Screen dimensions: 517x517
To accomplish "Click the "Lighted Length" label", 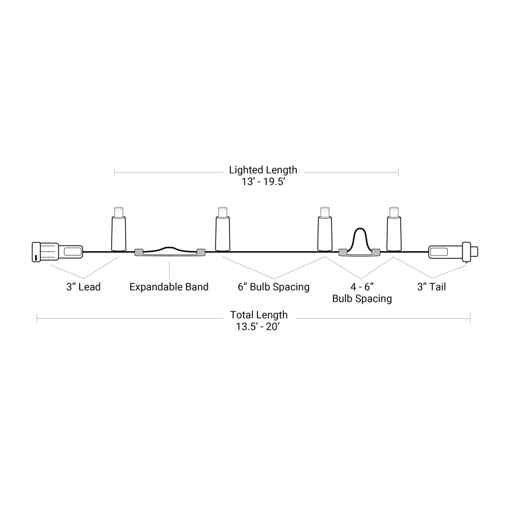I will (263, 170).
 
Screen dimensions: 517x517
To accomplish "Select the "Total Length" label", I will (259, 315).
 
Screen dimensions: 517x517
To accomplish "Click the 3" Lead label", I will (83, 287).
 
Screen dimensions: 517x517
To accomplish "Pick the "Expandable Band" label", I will (169, 287).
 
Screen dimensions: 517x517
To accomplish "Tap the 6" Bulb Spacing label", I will (273, 287).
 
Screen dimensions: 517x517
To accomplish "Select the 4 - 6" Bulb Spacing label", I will (362, 293).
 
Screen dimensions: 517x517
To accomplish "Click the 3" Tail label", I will (432, 287).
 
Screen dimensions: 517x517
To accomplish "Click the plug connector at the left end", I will (57, 252).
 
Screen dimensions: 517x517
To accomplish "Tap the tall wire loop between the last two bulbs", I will (360, 241).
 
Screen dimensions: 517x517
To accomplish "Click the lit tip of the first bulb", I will (119, 211).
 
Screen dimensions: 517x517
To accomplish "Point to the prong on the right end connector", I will (475, 251).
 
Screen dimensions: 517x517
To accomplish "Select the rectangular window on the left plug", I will (71, 252).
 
